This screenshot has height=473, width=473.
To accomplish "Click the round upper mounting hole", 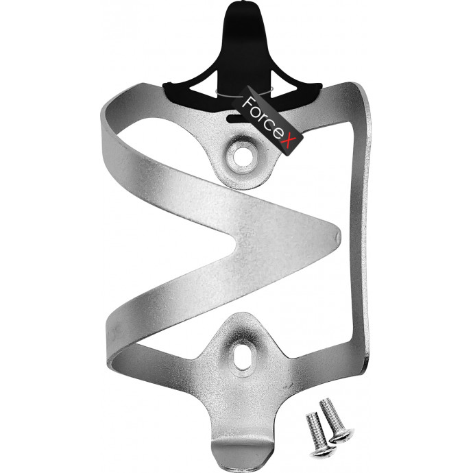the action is coord(241,156).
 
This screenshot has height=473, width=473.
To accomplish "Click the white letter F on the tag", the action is coord(249,102).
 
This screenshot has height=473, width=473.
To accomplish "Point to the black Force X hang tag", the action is coord(267,121).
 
